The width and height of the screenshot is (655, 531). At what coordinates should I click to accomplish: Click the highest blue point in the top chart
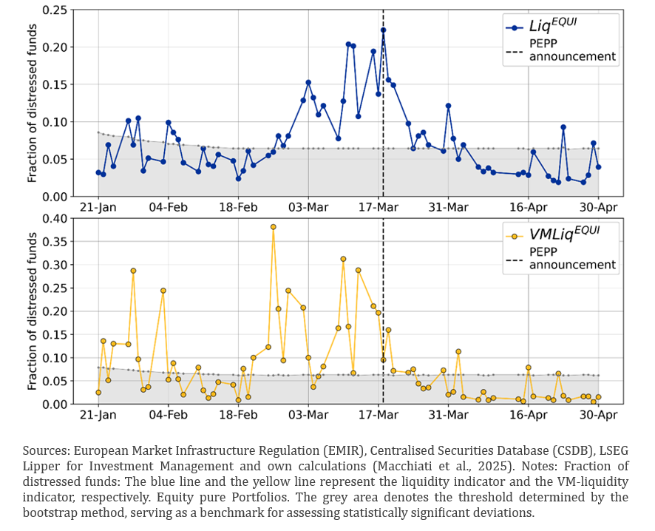tap(383, 30)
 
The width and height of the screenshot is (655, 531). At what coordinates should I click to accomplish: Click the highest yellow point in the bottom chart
tap(274, 227)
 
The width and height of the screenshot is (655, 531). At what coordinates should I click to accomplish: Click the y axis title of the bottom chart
tap(33, 311)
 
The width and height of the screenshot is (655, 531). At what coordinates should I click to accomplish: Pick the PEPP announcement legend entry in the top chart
tap(572, 50)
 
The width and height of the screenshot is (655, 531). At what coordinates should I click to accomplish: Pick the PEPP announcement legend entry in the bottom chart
tap(572, 258)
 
